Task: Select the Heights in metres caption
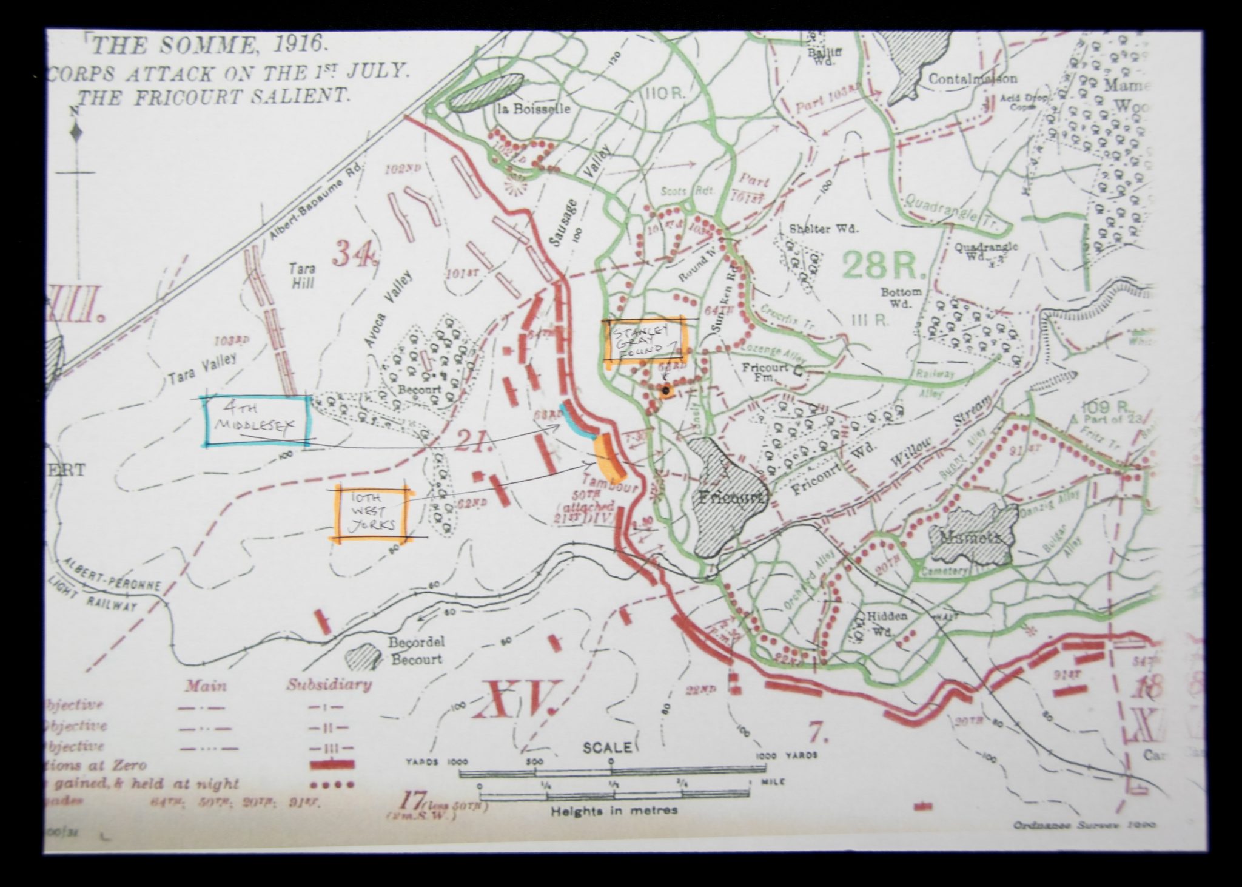point(614,810)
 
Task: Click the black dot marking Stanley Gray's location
point(666,391)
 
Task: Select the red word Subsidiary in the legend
point(329,685)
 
